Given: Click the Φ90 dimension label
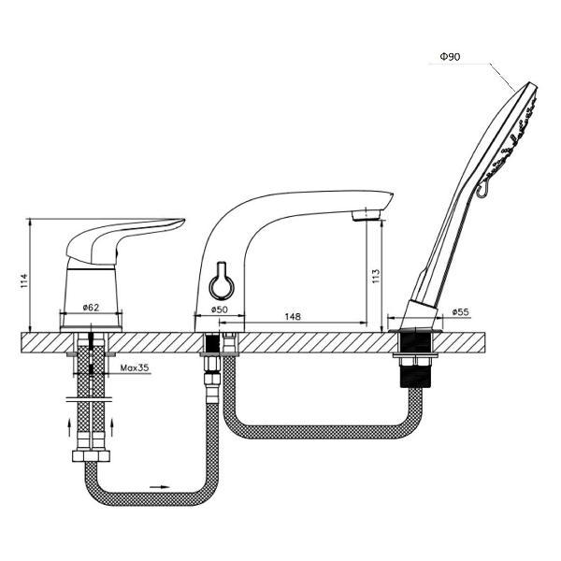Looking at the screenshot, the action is [x=450, y=56].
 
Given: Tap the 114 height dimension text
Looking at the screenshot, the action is [x=23, y=280].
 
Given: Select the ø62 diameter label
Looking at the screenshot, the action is [x=91, y=308].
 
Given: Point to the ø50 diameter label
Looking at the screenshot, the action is [x=219, y=309].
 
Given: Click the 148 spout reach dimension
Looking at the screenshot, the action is [x=293, y=316].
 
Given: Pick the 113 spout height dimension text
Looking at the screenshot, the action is [x=376, y=276].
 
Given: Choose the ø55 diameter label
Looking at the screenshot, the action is [x=460, y=311].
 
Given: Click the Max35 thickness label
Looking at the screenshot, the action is [x=135, y=367].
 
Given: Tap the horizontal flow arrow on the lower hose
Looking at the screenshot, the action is [x=160, y=487].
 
